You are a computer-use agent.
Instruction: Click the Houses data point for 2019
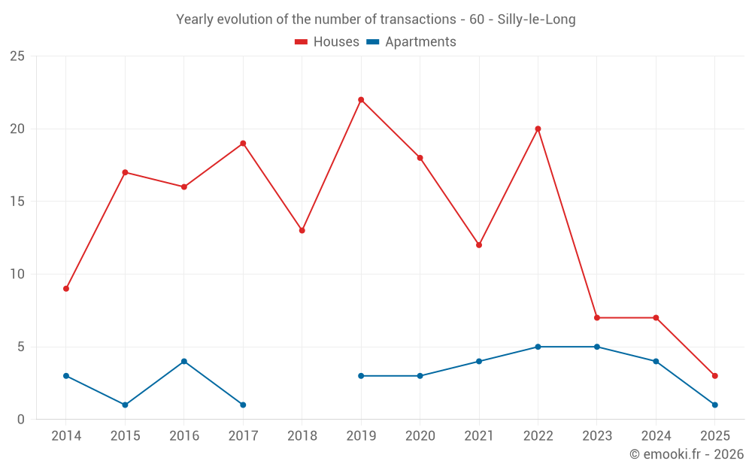pyautogui.click(x=361, y=100)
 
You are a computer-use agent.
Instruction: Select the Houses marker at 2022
pyautogui.click(x=538, y=129)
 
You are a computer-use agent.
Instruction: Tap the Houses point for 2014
pyautogui.click(x=66, y=289)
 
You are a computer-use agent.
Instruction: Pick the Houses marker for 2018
pyautogui.click(x=302, y=230)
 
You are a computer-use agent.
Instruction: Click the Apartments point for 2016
pyautogui.click(x=184, y=362)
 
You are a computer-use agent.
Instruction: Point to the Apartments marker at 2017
pyautogui.click(x=243, y=405)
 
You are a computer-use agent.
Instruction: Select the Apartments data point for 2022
pyautogui.click(x=538, y=347)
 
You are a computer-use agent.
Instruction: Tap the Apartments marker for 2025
pyautogui.click(x=714, y=405)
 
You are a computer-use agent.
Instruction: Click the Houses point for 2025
pyautogui.click(x=714, y=376)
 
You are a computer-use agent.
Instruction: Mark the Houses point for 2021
pyautogui.click(x=479, y=245)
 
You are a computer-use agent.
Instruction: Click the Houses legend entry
pyautogui.click(x=326, y=42)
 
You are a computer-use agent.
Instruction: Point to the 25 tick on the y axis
pyautogui.click(x=17, y=56)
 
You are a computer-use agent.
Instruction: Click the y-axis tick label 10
pyautogui.click(x=17, y=274)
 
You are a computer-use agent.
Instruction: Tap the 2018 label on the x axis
pyautogui.click(x=302, y=436)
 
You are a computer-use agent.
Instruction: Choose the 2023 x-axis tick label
pyautogui.click(x=597, y=436)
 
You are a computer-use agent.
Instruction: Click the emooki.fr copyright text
pyautogui.click(x=686, y=454)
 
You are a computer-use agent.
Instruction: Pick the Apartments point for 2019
pyautogui.click(x=361, y=376)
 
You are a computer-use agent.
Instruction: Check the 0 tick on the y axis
pyautogui.click(x=21, y=420)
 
